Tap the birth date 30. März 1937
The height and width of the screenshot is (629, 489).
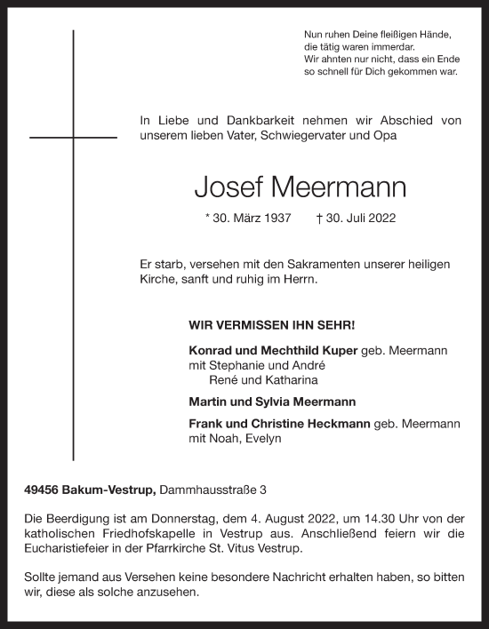(247, 218)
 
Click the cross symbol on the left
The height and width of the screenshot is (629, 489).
(73, 138)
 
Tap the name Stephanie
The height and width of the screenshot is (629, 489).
(242, 365)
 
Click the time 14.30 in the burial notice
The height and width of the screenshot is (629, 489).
(376, 517)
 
